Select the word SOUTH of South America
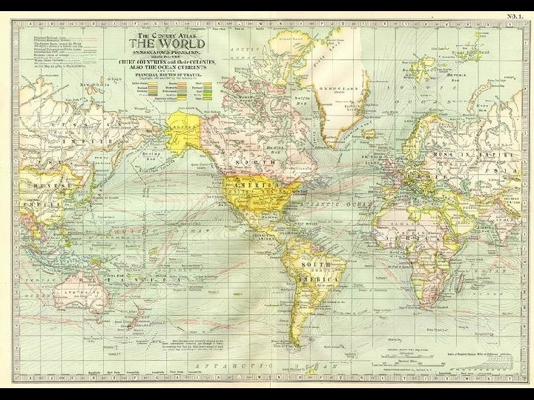click(315, 264)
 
